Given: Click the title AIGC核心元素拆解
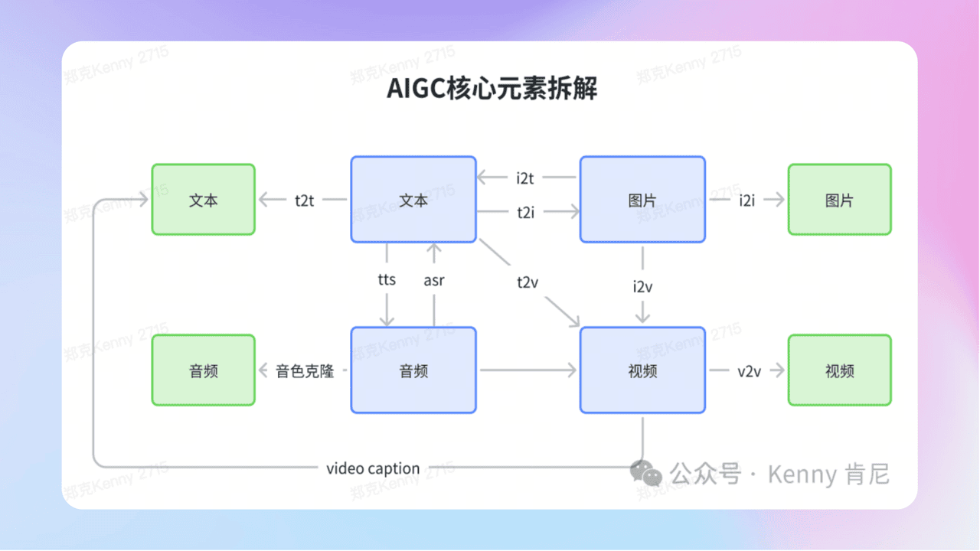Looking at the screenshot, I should [492, 90].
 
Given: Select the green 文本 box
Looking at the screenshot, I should [204, 200].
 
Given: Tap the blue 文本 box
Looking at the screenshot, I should [413, 200].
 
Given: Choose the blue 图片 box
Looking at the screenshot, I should [642, 200].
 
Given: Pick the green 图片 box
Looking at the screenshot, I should [839, 200].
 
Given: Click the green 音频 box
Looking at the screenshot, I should [204, 371].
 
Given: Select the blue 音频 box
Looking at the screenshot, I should [413, 371].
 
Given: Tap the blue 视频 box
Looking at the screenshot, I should [642, 371].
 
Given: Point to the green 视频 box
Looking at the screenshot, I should [839, 371].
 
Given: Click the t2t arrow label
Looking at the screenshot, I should [305, 201].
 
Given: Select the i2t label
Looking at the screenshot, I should [525, 178].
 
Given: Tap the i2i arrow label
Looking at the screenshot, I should [747, 201].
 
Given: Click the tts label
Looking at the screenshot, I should [387, 279].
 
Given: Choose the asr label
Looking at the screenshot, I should [434, 280].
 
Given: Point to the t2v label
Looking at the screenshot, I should [528, 282].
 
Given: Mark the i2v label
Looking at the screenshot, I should [642, 287].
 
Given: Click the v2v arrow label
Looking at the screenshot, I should [749, 371].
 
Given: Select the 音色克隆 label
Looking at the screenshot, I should [305, 372].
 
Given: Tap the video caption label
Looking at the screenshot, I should [373, 468].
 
